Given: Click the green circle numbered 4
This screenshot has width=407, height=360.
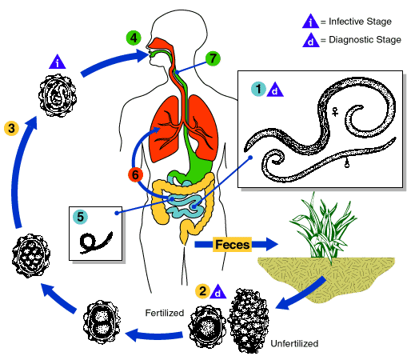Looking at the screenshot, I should click(134, 37).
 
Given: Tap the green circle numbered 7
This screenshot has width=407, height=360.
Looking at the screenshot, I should click(212, 58).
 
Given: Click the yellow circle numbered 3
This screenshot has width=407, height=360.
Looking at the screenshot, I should click(11, 127).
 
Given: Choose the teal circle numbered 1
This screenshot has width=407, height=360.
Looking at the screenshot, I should click(257, 88).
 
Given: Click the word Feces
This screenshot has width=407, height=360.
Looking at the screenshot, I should click(233, 242).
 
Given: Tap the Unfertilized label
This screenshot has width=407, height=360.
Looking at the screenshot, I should click(293, 343).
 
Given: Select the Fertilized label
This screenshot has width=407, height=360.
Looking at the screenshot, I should click(166, 311).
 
